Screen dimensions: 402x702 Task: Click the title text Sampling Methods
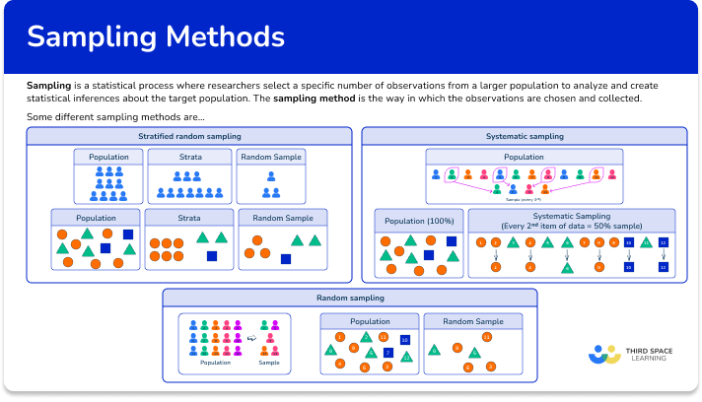[x=156, y=37]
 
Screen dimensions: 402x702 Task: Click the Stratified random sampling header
[x=189, y=136]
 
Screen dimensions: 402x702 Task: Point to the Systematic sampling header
[x=525, y=136]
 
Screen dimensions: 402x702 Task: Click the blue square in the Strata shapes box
[x=212, y=256]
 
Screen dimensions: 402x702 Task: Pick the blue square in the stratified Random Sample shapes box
[x=286, y=259]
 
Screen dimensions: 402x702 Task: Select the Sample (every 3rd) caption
[x=525, y=199]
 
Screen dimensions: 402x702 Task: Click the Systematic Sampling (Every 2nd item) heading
[x=572, y=220]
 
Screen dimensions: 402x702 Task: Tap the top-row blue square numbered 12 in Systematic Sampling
[x=664, y=241]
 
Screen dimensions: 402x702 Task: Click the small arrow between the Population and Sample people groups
[x=250, y=337]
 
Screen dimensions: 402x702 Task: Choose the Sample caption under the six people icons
[x=268, y=363]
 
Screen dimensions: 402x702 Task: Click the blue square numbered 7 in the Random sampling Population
[x=387, y=352]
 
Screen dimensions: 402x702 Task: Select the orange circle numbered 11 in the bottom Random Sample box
[x=486, y=337]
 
